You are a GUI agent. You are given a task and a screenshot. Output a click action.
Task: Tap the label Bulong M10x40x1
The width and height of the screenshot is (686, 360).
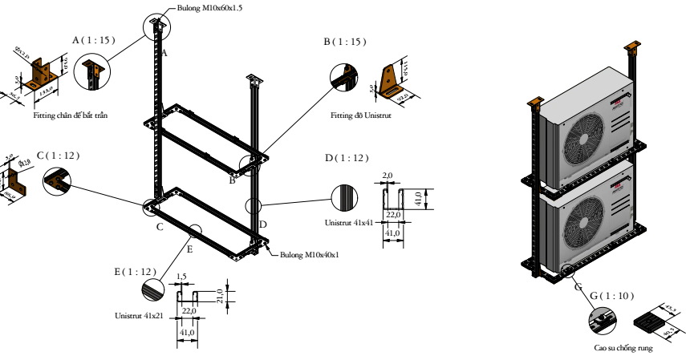(310, 255)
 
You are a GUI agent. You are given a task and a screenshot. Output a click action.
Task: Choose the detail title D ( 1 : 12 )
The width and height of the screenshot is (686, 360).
(346, 157)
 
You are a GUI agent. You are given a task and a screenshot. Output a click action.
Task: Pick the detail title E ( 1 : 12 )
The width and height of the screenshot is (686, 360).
(134, 271)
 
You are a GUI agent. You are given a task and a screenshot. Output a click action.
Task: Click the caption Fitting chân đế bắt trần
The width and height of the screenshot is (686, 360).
(71, 115)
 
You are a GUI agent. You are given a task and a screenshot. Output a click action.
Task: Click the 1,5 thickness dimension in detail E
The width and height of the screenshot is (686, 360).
(181, 275)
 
